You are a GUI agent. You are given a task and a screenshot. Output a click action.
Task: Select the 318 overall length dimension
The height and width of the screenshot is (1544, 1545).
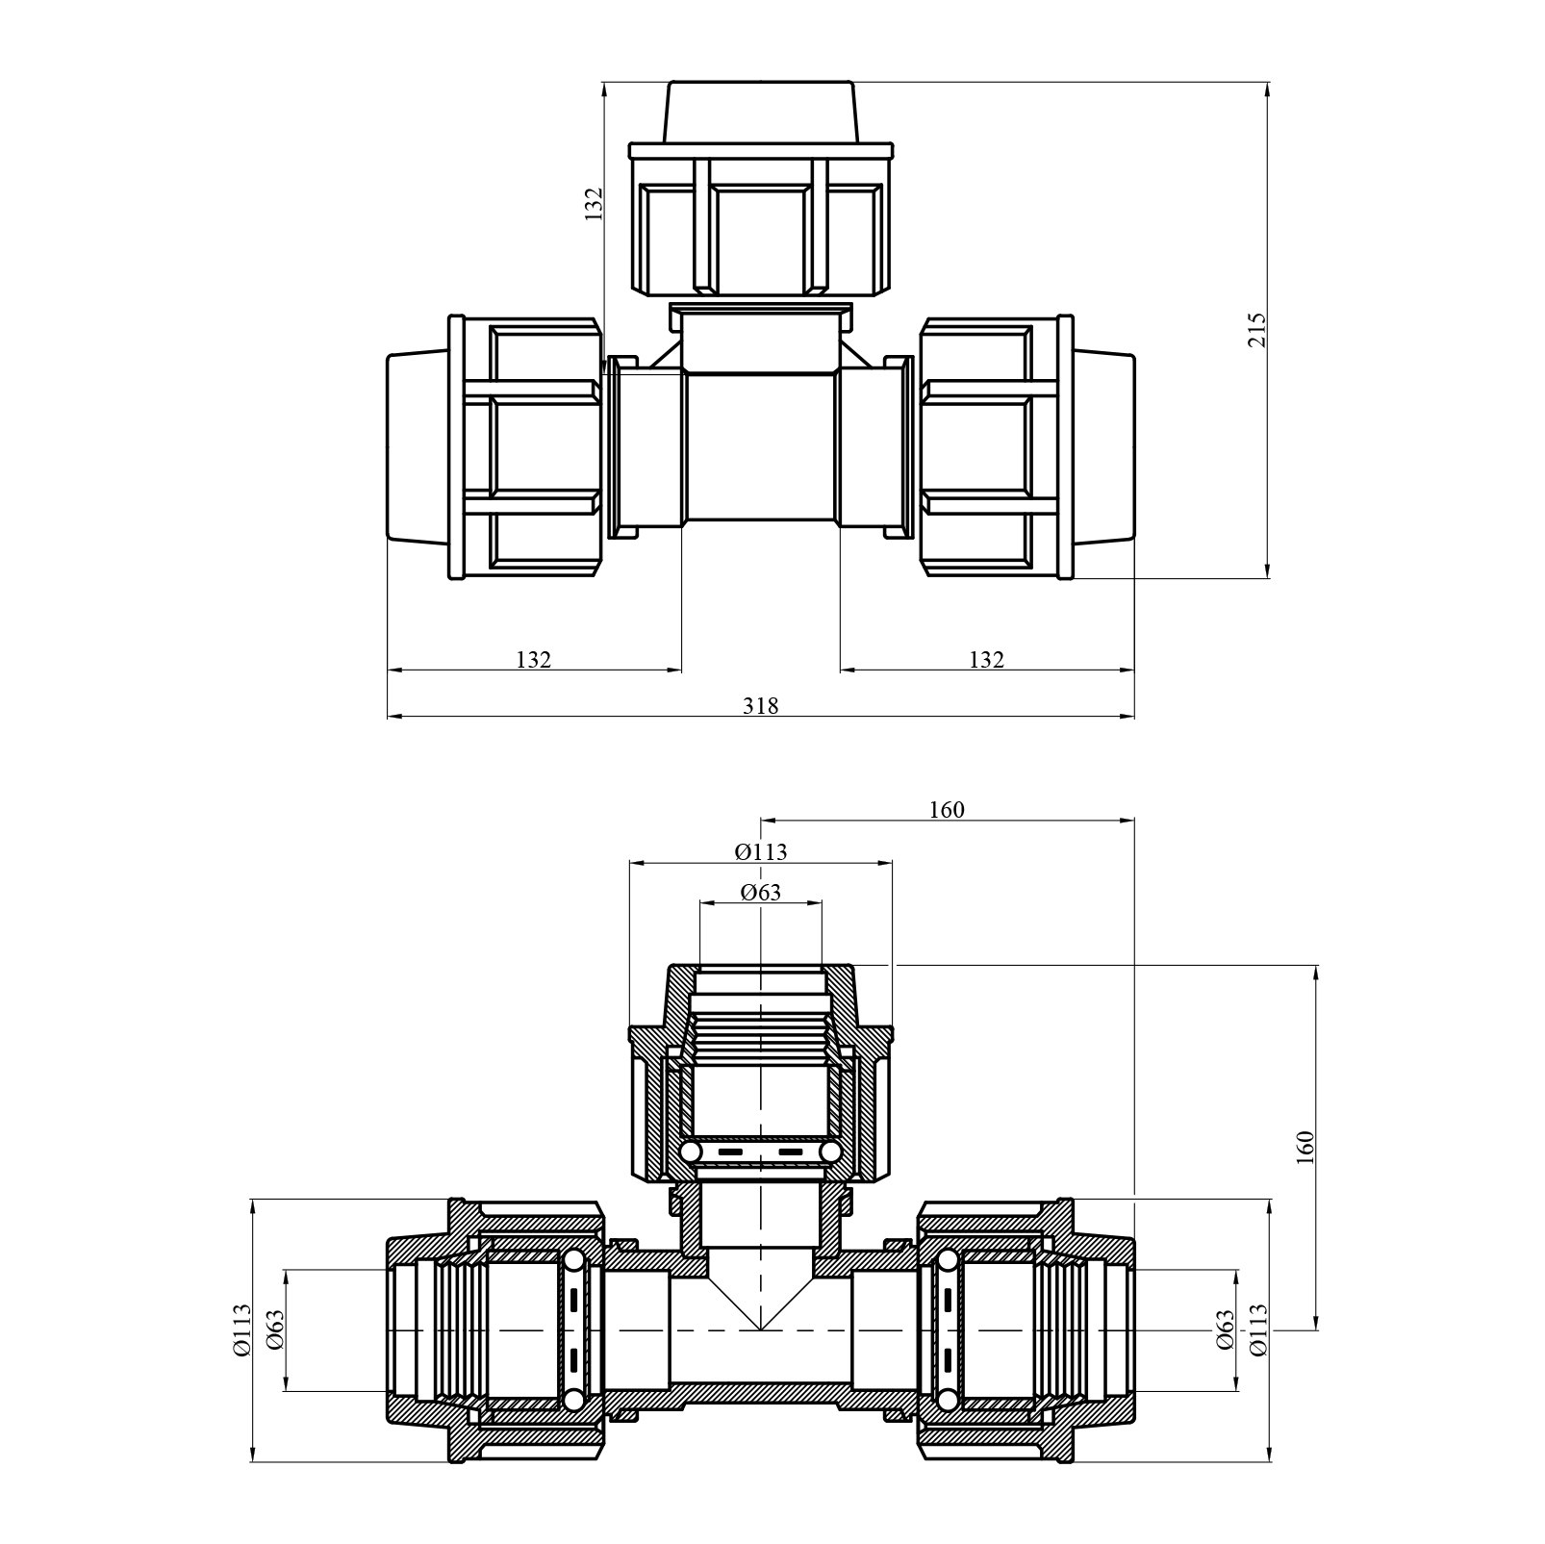click(x=760, y=706)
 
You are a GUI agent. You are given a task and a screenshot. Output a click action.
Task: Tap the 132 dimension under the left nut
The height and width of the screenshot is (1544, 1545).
click(x=533, y=660)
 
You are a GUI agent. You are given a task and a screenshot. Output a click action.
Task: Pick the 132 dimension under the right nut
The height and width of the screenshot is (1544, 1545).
click(x=986, y=660)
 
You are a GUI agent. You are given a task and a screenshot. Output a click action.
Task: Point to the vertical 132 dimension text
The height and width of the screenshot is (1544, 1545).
click(x=594, y=204)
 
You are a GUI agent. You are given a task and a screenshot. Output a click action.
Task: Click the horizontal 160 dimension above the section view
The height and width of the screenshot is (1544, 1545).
click(x=947, y=810)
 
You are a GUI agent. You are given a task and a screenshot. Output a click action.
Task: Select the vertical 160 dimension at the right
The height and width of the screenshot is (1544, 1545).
click(x=1305, y=1148)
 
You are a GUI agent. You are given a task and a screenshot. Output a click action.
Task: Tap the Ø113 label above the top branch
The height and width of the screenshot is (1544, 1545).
click(x=760, y=851)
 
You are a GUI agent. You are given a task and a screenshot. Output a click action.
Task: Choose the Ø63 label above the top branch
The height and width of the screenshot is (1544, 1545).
click(x=760, y=893)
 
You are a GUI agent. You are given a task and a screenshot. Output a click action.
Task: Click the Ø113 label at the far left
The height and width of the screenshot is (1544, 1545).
click(x=241, y=1329)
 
